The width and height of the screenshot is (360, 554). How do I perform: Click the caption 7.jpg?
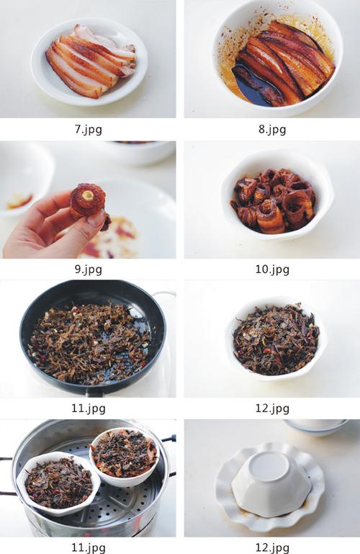(89, 129)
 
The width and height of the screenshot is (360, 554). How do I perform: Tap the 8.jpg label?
(272, 129)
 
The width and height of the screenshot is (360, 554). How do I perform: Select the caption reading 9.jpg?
(89, 269)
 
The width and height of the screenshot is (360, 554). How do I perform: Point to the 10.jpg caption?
(272, 269)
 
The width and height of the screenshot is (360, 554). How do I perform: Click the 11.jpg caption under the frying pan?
(89, 408)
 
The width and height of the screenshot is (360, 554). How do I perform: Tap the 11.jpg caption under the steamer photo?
(89, 548)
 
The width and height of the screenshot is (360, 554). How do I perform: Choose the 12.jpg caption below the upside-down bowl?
(272, 548)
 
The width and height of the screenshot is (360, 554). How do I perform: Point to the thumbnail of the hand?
(96, 219)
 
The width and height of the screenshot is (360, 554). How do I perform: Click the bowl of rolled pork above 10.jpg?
(276, 197)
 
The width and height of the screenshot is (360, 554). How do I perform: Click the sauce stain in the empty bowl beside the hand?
(19, 202)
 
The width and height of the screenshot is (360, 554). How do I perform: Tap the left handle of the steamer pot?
(8, 476)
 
